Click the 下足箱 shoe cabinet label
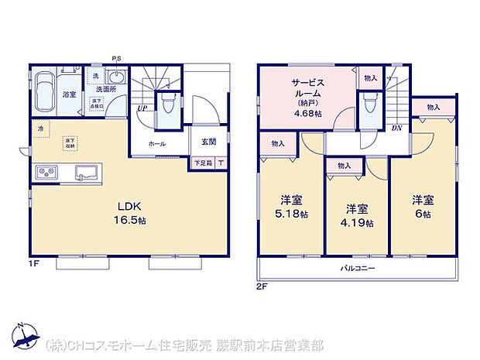point(203,163)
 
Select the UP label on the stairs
point(142,108)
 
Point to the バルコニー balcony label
point(358,269)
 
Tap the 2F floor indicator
point(263,286)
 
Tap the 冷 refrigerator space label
point(38,128)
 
